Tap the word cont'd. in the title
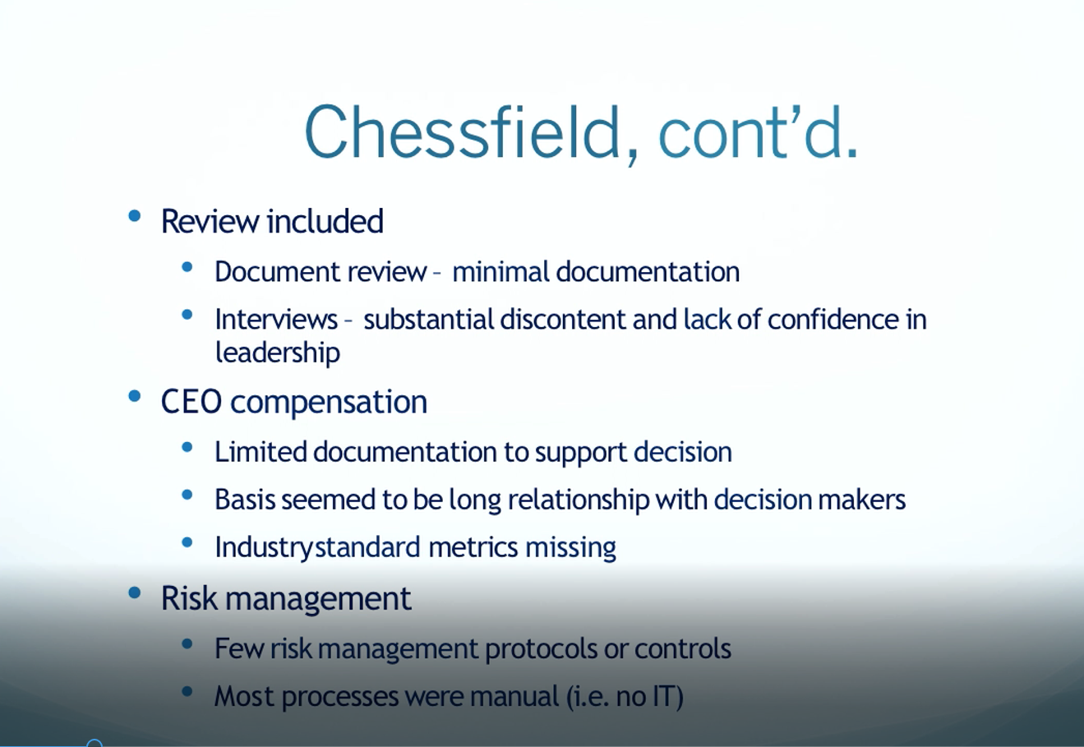759,131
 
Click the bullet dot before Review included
134,216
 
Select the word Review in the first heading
210,222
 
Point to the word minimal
500,271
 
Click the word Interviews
276,320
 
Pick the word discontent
563,320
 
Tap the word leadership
277,353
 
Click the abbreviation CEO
191,402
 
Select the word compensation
329,403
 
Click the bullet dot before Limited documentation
187,447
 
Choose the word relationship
579,500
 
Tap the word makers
861,500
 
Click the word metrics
473,547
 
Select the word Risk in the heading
189,598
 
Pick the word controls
683,648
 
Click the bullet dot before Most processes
187,692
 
